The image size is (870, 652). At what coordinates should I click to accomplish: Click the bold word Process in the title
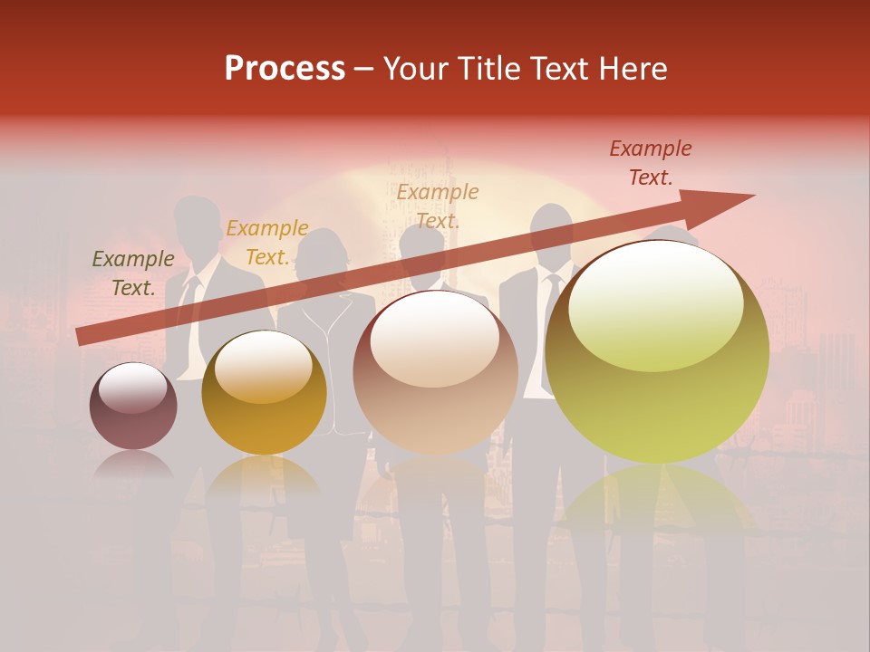285,69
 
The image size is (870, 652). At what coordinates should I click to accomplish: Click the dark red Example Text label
651,163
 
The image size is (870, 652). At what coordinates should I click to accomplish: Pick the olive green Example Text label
133,273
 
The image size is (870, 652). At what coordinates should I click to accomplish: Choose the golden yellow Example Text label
267,243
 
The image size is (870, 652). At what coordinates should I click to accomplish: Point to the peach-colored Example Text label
438,206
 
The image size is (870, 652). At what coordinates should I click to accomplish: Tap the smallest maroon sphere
133,407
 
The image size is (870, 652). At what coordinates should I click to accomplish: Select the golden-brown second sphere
264,393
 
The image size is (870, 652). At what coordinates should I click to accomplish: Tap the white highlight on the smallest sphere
132,388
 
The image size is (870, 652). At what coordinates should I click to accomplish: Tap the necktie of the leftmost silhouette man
191,299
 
